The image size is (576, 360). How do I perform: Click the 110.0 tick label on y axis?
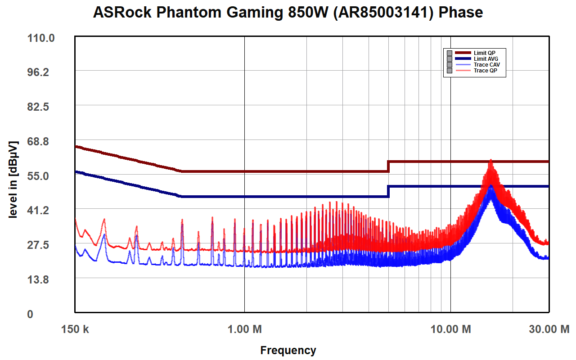41,38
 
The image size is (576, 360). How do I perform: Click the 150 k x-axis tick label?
75,329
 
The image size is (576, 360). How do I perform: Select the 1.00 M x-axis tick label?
244,329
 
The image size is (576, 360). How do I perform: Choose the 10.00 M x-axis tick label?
450,329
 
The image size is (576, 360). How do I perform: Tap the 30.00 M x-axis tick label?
549,329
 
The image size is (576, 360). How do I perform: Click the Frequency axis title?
288,350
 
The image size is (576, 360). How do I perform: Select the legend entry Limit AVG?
486,59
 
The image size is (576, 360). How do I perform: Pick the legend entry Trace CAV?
486,65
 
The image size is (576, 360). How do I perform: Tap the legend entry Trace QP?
486,71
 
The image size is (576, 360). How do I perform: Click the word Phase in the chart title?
461,13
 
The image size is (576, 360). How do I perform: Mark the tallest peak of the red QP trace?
491,160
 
